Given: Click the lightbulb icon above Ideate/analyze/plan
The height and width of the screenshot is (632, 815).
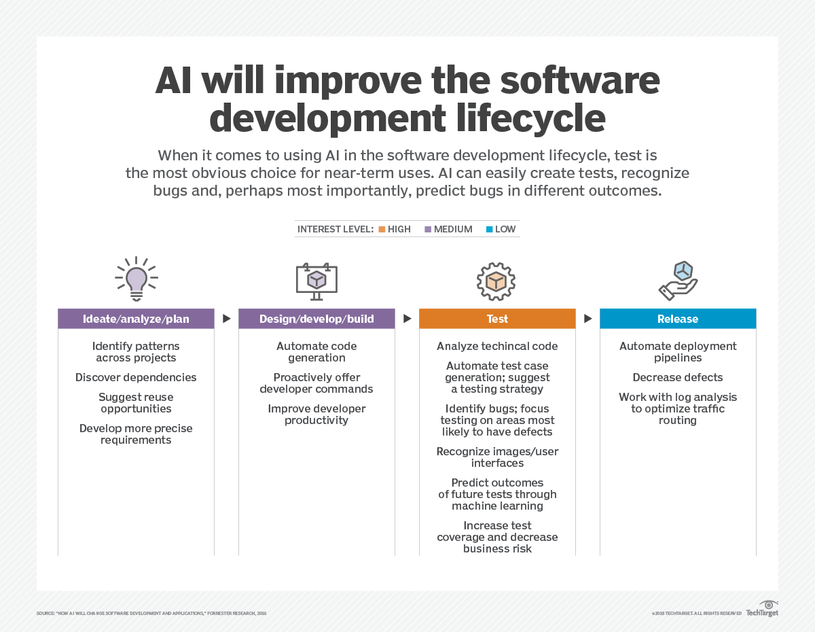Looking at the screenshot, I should (137, 279).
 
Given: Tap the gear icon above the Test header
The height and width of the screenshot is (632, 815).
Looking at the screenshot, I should (496, 281).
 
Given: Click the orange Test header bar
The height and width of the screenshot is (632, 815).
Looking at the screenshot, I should (497, 319).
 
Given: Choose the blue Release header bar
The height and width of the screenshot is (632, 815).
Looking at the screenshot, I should (678, 319).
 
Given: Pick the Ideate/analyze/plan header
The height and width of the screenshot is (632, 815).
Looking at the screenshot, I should (136, 319).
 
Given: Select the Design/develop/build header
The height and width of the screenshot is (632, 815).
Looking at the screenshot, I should (316, 319).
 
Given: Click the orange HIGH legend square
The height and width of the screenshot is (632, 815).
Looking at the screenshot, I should (382, 229).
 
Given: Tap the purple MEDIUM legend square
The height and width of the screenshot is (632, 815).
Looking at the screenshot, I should (428, 229).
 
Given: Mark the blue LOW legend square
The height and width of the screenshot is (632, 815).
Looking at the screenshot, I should (489, 229).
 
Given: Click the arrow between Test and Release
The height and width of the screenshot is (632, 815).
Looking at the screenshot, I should (587, 319).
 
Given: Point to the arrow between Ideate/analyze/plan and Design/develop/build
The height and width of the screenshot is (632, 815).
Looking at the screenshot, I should (226, 319).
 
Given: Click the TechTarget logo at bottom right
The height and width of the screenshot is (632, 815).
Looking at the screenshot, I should (762, 610).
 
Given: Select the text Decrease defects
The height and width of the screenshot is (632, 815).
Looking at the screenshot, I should (678, 377).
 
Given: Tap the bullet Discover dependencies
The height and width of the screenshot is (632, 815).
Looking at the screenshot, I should (136, 377).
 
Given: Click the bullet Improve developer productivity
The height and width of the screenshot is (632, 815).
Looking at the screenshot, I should (316, 415).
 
